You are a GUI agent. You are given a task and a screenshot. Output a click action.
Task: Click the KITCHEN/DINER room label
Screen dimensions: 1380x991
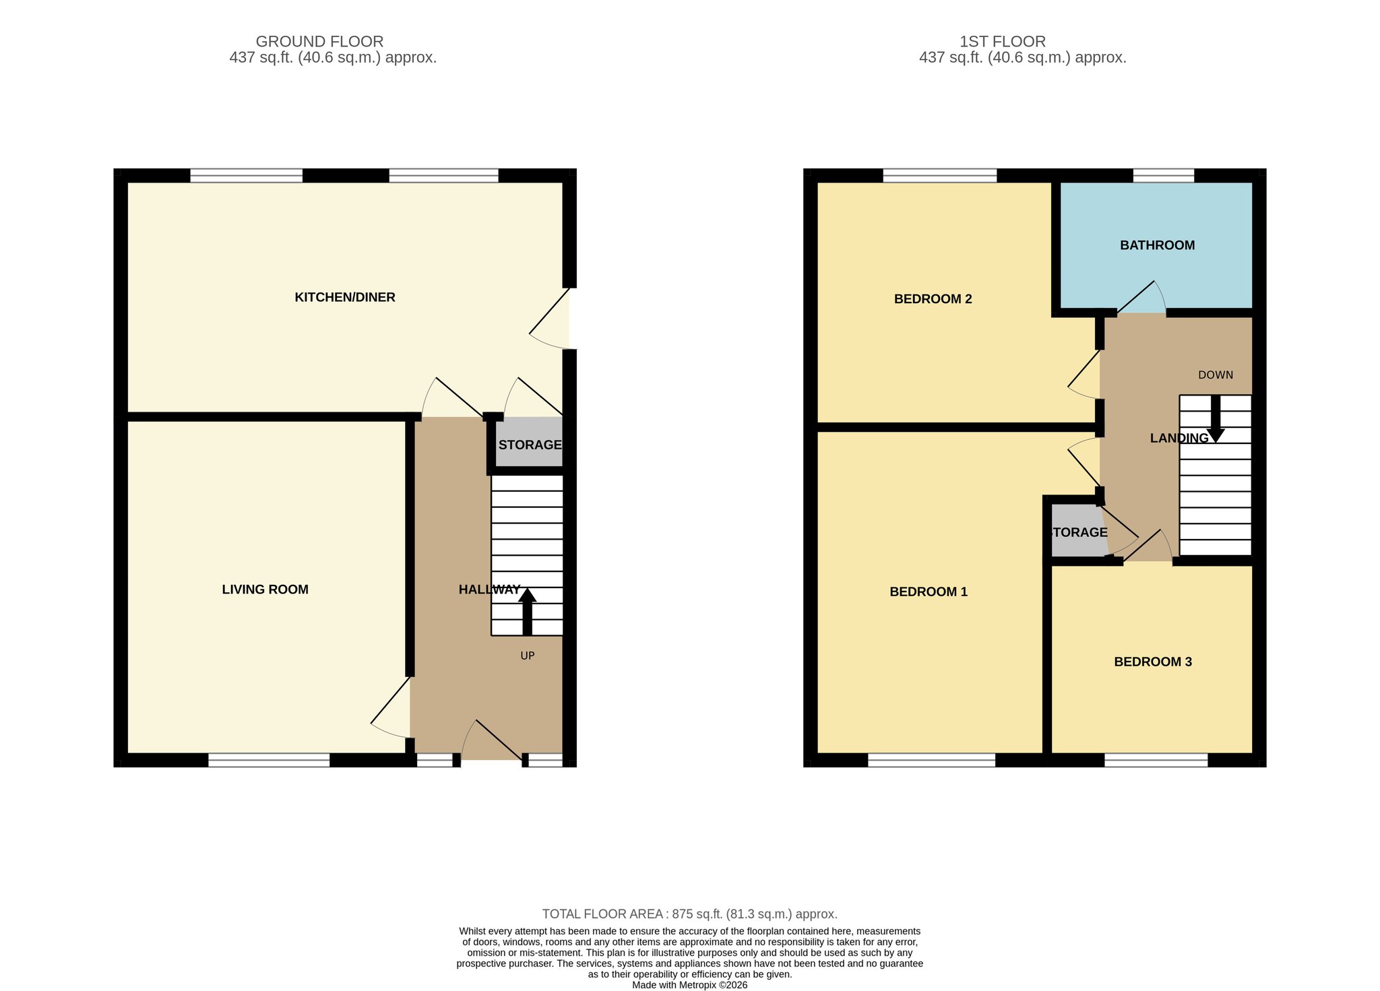tap(345, 297)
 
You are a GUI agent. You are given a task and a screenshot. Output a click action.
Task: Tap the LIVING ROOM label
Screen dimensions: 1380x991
tap(265, 589)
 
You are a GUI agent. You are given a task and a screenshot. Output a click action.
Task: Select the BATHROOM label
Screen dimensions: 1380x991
tap(1158, 245)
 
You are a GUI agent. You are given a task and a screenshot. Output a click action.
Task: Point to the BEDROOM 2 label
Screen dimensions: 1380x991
tap(933, 299)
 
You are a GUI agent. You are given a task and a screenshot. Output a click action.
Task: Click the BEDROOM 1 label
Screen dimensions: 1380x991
tap(929, 592)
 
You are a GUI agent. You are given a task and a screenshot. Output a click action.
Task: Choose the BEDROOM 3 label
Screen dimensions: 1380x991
tap(1153, 662)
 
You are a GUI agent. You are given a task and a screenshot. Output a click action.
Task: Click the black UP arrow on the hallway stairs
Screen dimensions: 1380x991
tap(527, 612)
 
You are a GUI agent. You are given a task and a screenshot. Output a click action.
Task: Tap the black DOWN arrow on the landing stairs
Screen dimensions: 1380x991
tap(1216, 418)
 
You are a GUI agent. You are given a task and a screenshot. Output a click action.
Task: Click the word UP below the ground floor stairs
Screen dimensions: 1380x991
tap(528, 656)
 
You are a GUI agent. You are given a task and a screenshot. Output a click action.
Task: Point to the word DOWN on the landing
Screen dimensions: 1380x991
tap(1216, 375)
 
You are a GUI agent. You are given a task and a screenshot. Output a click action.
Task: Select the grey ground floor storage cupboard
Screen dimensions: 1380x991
tap(530, 442)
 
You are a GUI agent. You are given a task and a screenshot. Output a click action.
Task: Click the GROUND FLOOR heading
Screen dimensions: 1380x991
tap(319, 42)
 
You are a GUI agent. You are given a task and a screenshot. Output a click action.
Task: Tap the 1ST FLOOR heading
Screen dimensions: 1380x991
tap(1003, 42)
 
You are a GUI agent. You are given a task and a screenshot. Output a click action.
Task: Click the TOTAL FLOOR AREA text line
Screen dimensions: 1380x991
tap(690, 914)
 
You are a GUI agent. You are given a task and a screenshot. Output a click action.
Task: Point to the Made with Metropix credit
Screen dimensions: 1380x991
tap(690, 985)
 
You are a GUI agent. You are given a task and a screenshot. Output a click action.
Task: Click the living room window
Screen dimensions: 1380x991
tap(269, 760)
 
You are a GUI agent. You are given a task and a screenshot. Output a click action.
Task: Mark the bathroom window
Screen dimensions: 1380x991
tap(1164, 176)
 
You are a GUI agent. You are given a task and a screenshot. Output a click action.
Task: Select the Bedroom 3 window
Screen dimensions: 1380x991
tap(1156, 760)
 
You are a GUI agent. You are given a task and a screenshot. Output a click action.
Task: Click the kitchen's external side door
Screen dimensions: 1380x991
tap(549, 319)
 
